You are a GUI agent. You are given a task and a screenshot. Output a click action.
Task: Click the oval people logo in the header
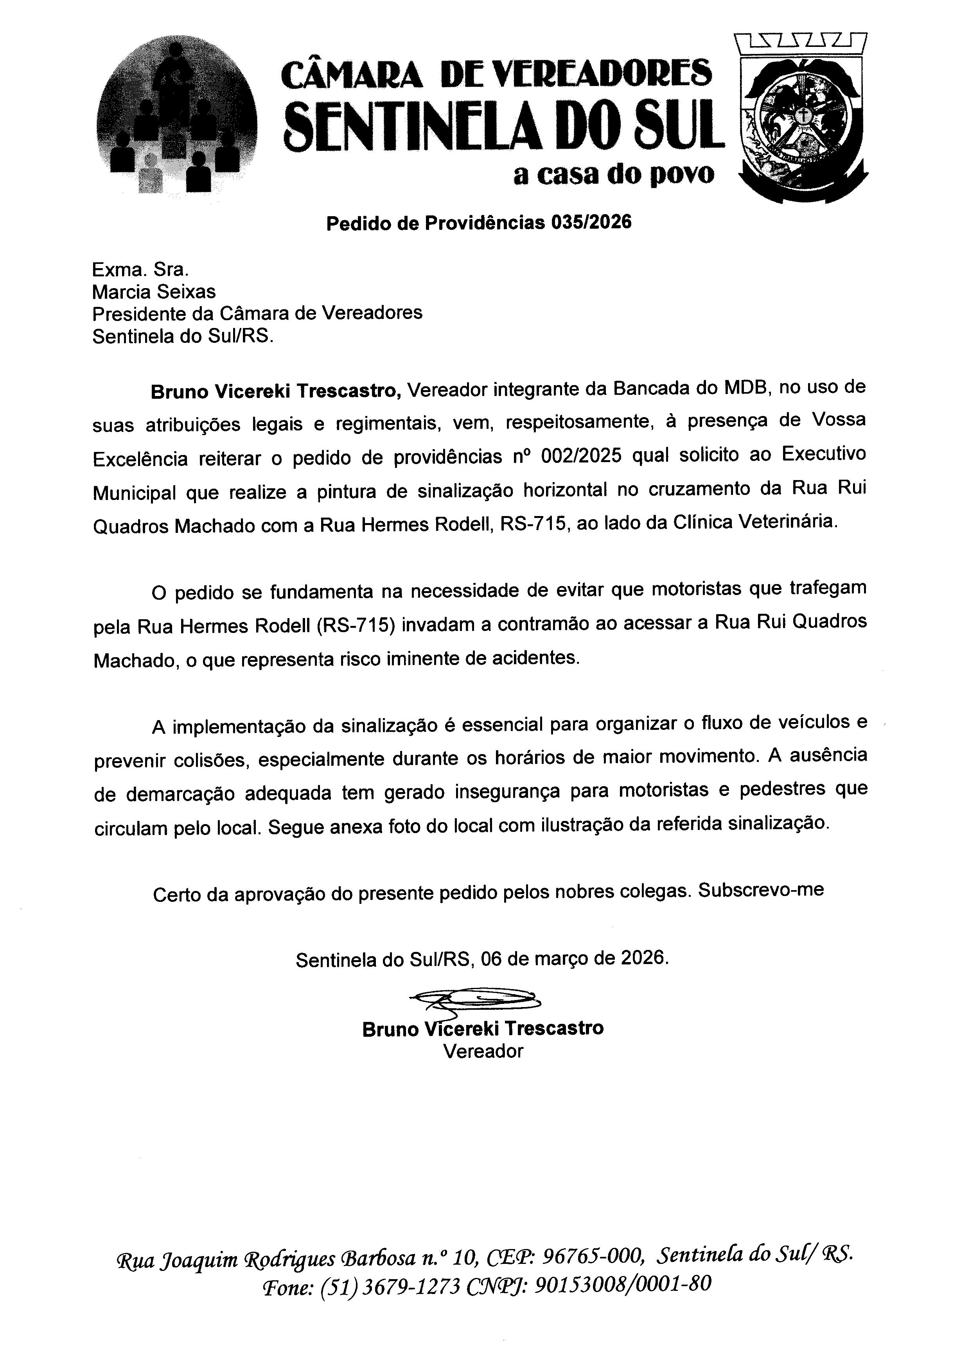pyautogui.click(x=177, y=116)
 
